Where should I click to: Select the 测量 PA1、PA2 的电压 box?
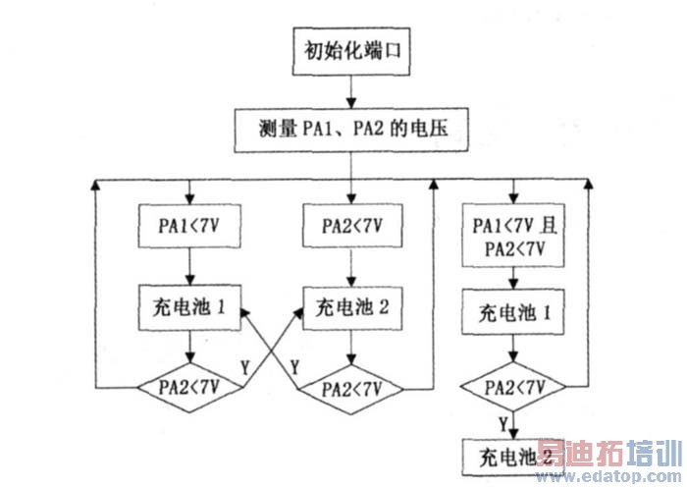click(x=351, y=128)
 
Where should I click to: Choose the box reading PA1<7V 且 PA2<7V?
click(x=510, y=237)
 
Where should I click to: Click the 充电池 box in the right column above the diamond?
click(x=510, y=315)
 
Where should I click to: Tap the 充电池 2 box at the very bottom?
click(x=510, y=456)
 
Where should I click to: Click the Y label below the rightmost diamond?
click(x=502, y=423)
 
